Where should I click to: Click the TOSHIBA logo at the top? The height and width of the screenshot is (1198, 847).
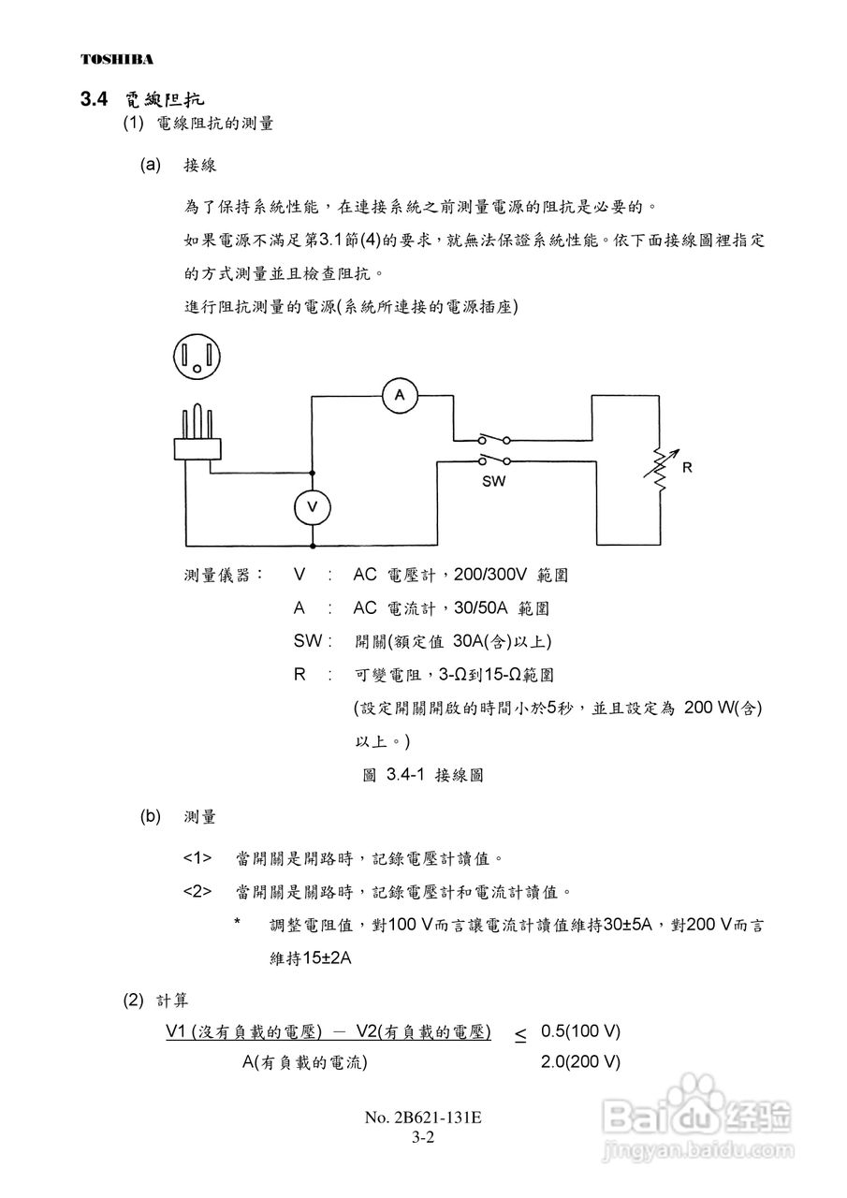tap(117, 60)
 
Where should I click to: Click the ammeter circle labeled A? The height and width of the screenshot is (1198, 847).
tap(400, 396)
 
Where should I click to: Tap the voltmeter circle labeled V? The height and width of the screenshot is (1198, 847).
tap(313, 507)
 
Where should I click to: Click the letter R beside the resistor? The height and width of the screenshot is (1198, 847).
tap(688, 467)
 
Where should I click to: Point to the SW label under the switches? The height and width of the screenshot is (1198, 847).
tap(493, 481)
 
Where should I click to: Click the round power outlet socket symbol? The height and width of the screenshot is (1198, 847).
tap(197, 357)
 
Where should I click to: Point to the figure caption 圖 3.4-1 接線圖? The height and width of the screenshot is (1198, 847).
tap(422, 775)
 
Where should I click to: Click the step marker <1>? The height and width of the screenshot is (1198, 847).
tap(197, 857)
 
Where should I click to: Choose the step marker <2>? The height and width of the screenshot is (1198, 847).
tap(197, 891)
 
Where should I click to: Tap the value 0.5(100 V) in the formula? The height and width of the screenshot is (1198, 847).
tap(580, 1031)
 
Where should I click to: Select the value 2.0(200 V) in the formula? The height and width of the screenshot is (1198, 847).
tap(580, 1062)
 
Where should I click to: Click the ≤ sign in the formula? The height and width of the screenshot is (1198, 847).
tap(520, 1034)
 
